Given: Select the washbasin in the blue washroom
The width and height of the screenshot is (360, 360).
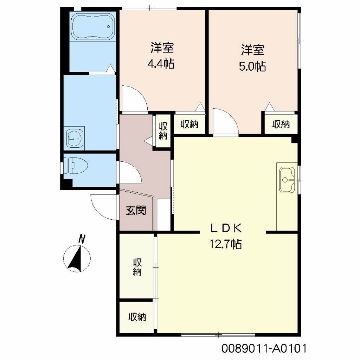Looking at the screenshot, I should pyautogui.click(x=75, y=138).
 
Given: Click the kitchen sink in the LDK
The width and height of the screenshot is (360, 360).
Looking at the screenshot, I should pyautogui.click(x=287, y=180).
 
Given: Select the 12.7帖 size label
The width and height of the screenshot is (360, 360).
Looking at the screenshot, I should pyautogui.click(x=226, y=244).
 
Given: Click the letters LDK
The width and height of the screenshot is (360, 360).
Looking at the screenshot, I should pyautogui.click(x=226, y=229).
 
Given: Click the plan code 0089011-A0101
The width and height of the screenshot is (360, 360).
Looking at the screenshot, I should pyautogui.click(x=264, y=349).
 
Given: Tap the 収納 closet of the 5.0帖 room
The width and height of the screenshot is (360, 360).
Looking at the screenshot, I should pyautogui.click(x=281, y=124).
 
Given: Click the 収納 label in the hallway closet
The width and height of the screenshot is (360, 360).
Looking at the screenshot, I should pyautogui.click(x=162, y=131).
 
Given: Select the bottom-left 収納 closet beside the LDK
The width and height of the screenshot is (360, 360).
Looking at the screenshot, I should pyautogui.click(x=137, y=317).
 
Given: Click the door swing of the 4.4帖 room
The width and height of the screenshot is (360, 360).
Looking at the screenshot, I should pyautogui.click(x=133, y=99).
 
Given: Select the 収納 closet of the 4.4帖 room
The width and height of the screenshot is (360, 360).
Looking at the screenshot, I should pyautogui.click(x=190, y=124).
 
